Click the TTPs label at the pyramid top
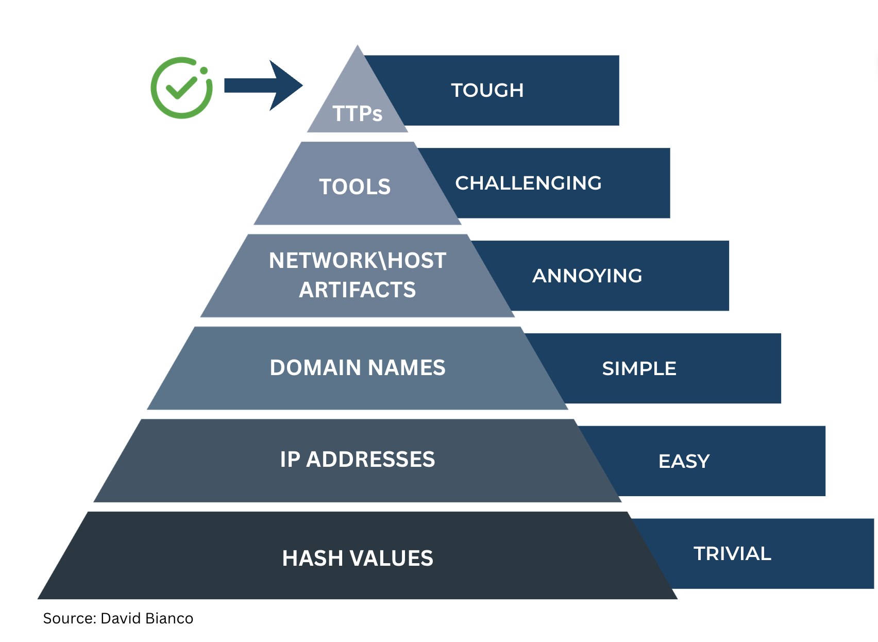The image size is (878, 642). click(x=357, y=114)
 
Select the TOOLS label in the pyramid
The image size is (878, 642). click(x=355, y=187)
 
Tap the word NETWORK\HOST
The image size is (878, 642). click(x=357, y=261)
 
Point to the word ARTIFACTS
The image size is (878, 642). click(x=357, y=290)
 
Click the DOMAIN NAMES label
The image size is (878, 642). click(x=357, y=368)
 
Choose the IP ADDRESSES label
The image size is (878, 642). click(x=357, y=460)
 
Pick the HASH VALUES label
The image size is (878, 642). click(x=357, y=559)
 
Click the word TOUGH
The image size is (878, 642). click(x=487, y=90)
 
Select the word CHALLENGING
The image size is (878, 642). click(x=528, y=183)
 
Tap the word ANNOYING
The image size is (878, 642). click(x=587, y=276)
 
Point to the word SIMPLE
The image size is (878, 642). click(x=639, y=368)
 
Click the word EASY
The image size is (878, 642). click(x=684, y=461)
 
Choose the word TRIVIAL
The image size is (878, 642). click(x=732, y=554)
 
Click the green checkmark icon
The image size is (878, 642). click(x=181, y=88)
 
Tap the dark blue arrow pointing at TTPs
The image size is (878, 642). click(x=263, y=86)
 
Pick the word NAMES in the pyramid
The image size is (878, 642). click(x=407, y=368)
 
